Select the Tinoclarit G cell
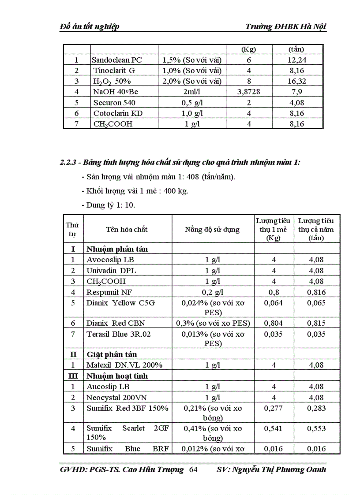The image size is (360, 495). pos(114,71)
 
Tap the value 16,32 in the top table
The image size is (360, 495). pos(298,81)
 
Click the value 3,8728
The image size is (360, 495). pos(249,92)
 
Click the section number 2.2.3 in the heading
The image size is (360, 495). pos(70,162)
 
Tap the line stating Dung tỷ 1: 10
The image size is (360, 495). pos(108,205)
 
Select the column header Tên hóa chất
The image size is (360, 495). pos(127,229)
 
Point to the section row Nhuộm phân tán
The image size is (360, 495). pos(117,249)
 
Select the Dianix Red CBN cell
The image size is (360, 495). pos(115,323)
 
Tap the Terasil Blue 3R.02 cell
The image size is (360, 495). pos(118,334)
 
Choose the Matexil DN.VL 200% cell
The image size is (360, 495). pos(124,365)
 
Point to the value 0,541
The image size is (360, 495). pos(274,428)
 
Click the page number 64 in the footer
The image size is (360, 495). pos(193,470)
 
